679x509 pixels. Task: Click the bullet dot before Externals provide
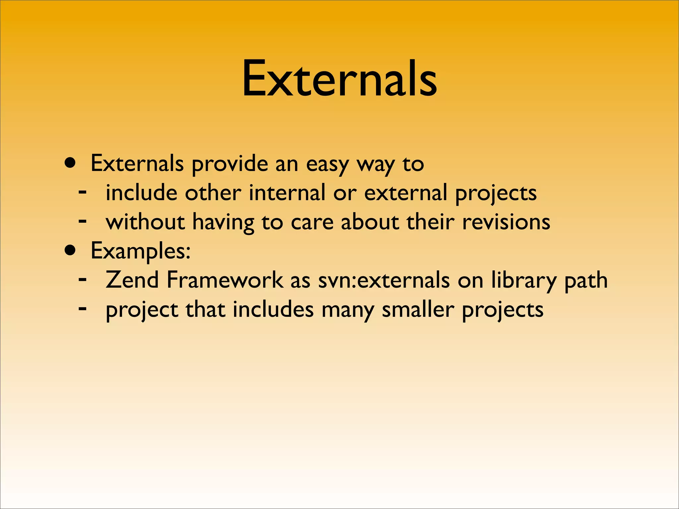[70, 163]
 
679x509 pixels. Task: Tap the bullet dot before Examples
[70, 251]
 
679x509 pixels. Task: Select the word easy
[327, 165]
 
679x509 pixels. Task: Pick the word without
[145, 222]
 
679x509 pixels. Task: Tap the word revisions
[506, 222]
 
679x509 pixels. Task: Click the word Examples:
[141, 251]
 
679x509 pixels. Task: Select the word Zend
[132, 280]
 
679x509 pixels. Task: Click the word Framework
[224, 280]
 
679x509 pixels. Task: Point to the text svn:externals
[384, 280]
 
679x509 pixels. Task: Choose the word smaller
[418, 309]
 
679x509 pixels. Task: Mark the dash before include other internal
[83, 191]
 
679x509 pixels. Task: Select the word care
[312, 222]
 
